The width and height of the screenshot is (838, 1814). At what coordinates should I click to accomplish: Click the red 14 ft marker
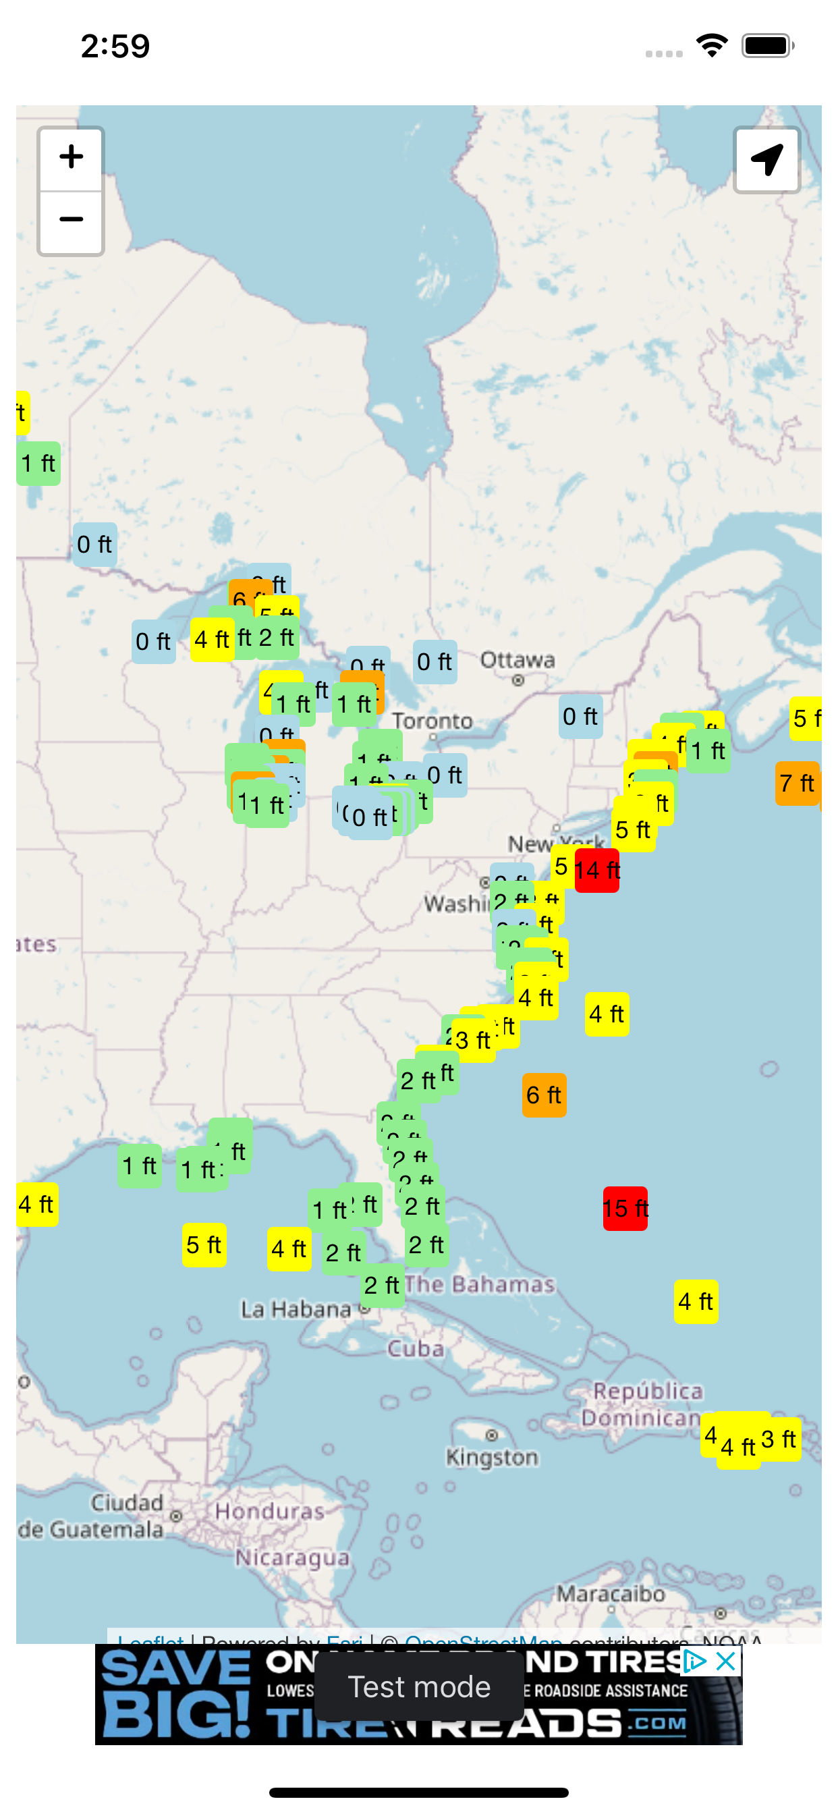[596, 871]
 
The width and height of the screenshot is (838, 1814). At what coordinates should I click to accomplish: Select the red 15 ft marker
[625, 1209]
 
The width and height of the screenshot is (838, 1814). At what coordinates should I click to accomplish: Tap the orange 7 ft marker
[796, 783]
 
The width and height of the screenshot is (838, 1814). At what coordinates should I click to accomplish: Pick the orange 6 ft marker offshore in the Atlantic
[544, 1095]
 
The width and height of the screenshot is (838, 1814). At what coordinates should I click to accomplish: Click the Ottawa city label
[518, 661]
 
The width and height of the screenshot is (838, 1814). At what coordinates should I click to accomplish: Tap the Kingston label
[493, 1457]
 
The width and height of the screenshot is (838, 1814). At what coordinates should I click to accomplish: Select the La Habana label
[296, 1310]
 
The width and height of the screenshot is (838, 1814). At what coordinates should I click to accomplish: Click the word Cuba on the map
[416, 1348]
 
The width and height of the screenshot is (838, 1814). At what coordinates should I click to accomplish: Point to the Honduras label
[270, 1511]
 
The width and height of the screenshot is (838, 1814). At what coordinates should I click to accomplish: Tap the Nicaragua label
[292, 1558]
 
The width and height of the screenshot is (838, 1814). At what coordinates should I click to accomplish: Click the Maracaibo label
[611, 1593]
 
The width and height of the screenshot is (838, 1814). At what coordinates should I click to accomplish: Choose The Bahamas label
[480, 1284]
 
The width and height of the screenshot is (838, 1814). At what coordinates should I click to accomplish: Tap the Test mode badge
[419, 1687]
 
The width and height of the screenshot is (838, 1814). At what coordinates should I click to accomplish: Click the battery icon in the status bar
[767, 47]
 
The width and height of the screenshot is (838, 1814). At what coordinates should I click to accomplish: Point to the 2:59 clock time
[115, 47]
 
